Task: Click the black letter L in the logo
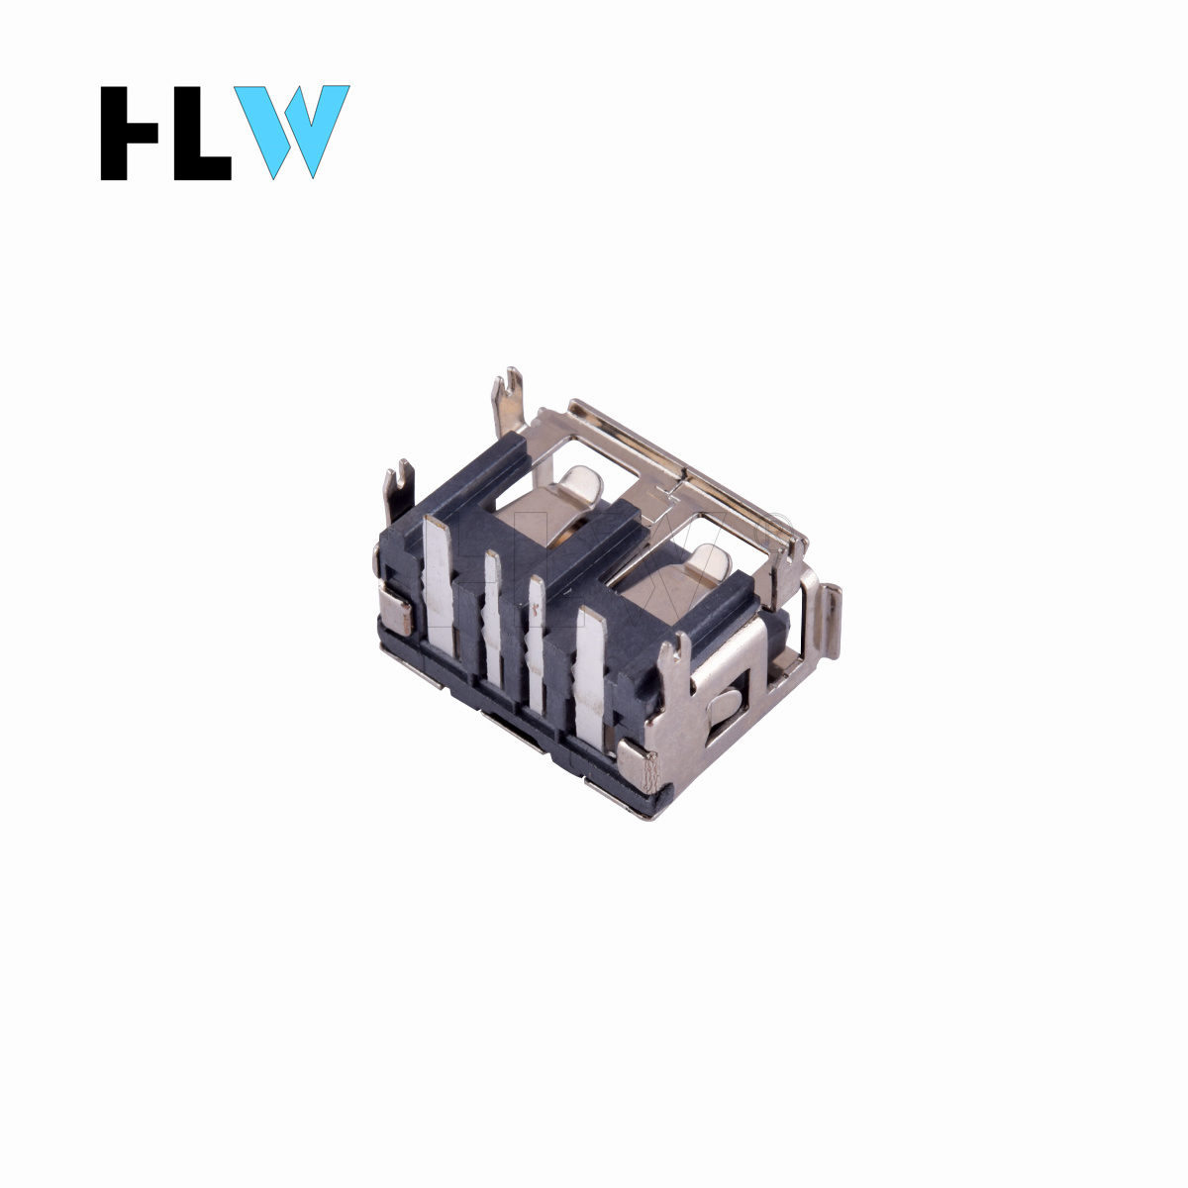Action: (x=202, y=133)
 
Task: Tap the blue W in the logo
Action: (x=292, y=132)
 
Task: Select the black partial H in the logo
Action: (x=129, y=133)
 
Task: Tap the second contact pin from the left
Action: (x=492, y=617)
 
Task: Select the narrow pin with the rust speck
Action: (x=537, y=645)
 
